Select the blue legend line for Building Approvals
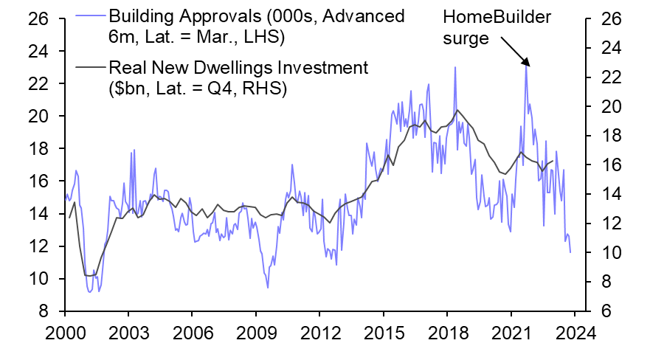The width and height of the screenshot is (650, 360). tap(91, 16)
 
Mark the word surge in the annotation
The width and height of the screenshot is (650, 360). tap(466, 38)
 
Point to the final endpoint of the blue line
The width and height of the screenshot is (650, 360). tap(570, 252)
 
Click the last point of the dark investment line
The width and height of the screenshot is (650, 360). tap(553, 161)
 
